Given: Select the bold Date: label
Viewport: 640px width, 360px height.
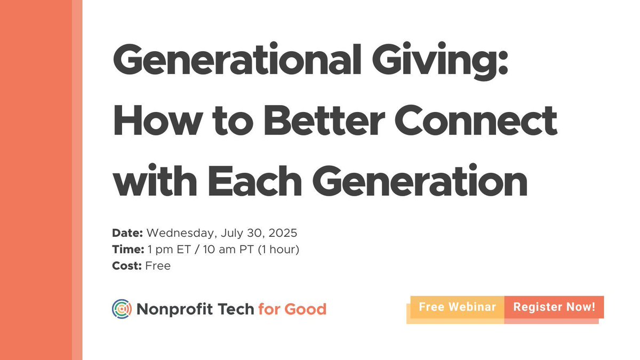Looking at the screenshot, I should click(127, 233).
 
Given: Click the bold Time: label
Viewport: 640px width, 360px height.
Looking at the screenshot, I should click(127, 249).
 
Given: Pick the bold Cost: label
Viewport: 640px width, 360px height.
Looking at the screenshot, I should click(126, 265).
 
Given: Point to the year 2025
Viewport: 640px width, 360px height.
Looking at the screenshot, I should click(282, 233).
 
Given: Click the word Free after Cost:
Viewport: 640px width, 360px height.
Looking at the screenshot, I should click(158, 265).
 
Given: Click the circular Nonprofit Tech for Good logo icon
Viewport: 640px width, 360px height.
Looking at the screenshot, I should click(122, 308).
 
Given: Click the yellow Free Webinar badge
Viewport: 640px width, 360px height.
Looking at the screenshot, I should click(457, 307).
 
